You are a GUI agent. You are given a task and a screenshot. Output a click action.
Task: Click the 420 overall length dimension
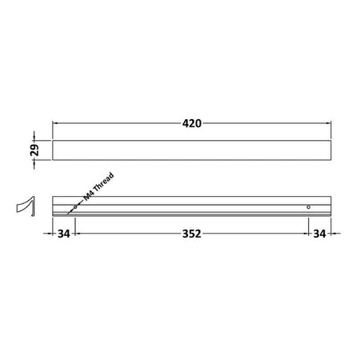click(192, 123)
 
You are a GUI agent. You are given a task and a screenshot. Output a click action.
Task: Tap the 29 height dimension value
click(34, 150)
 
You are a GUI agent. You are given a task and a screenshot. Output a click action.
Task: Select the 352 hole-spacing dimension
click(191, 234)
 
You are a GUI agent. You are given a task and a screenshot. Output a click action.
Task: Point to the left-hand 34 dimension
click(64, 234)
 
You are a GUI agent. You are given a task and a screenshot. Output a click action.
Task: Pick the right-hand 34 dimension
click(319, 234)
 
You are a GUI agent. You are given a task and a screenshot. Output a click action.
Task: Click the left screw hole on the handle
click(75, 207)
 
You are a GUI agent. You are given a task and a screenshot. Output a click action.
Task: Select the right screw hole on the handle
click(308, 207)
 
